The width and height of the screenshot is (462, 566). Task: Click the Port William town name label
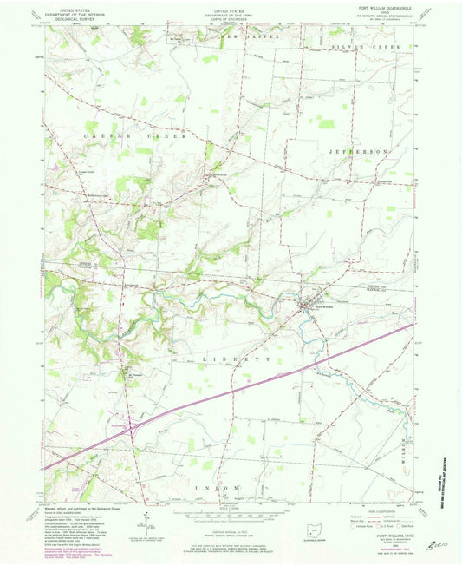tap(322, 305)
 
